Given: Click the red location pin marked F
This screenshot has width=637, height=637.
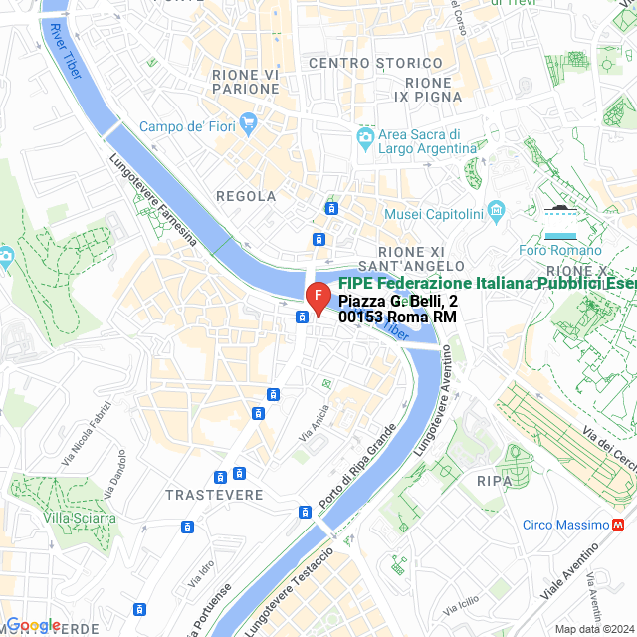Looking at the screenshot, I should [x=317, y=298].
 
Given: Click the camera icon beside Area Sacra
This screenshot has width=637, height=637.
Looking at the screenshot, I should [x=366, y=135].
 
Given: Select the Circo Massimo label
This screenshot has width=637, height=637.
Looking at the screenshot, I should [x=565, y=525].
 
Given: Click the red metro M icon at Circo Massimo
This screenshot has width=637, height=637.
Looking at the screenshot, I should [x=620, y=525].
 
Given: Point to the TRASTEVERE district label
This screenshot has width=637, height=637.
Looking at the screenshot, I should [x=214, y=495].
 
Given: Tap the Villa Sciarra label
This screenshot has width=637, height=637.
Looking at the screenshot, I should [x=80, y=518].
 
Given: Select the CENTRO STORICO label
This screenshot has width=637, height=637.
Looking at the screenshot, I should [x=361, y=63].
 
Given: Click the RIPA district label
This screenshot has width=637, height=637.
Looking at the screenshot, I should [x=494, y=481].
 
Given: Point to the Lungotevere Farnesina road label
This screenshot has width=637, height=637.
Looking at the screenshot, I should [x=153, y=199].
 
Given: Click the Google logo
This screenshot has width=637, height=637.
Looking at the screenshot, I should [x=32, y=625].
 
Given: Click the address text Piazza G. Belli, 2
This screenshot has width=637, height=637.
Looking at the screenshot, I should [x=398, y=301].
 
